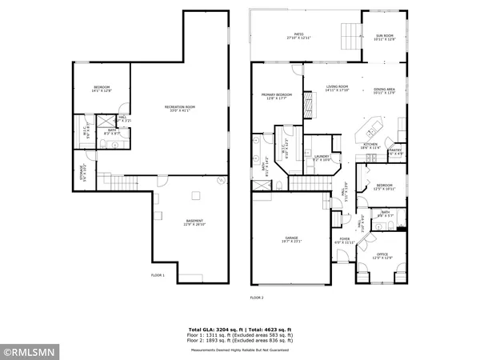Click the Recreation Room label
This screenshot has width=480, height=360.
pyautogui.click(x=180, y=108)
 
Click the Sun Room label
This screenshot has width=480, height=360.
pyautogui.click(x=384, y=37)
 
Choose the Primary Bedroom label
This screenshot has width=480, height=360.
pyautogui.click(x=276, y=96)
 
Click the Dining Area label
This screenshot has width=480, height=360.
pyautogui.click(x=384, y=90)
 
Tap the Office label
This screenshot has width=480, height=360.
pyautogui.click(x=382, y=257)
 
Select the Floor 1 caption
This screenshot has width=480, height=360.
pyautogui.click(x=158, y=276)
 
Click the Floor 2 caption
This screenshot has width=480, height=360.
pyautogui.click(x=256, y=298)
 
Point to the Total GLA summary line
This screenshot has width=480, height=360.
pyautogui.click(x=240, y=330)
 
